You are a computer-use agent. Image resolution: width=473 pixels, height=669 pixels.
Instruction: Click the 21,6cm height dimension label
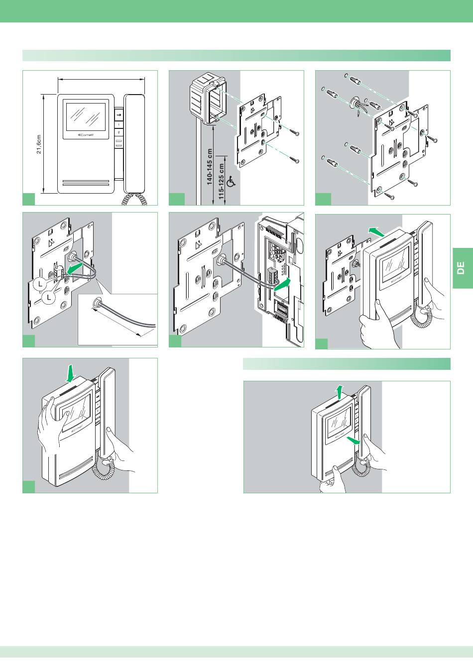coord(39,144)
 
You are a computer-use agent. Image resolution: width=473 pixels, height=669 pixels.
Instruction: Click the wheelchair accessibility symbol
coord(231,183)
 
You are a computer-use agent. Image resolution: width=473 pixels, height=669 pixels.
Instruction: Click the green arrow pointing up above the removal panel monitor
coord(340,391)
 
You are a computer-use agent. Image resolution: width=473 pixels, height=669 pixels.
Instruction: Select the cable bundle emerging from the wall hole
coord(357,107)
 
